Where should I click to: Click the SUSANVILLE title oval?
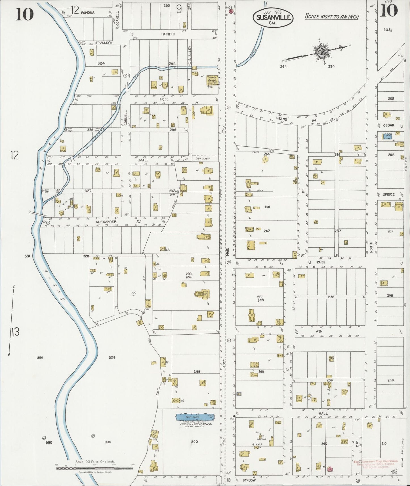(273, 17)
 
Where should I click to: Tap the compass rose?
(322, 52)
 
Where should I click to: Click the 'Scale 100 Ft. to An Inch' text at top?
(331, 16)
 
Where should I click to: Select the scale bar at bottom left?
(95, 468)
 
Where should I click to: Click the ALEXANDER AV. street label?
(118, 222)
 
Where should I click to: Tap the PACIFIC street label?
(168, 34)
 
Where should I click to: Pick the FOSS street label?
(164, 99)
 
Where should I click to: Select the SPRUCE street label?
(388, 194)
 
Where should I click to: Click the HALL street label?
(323, 413)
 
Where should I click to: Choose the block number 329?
(112, 358)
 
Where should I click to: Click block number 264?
(283, 66)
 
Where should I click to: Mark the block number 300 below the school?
(194, 441)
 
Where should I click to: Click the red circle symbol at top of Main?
(232, 12)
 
